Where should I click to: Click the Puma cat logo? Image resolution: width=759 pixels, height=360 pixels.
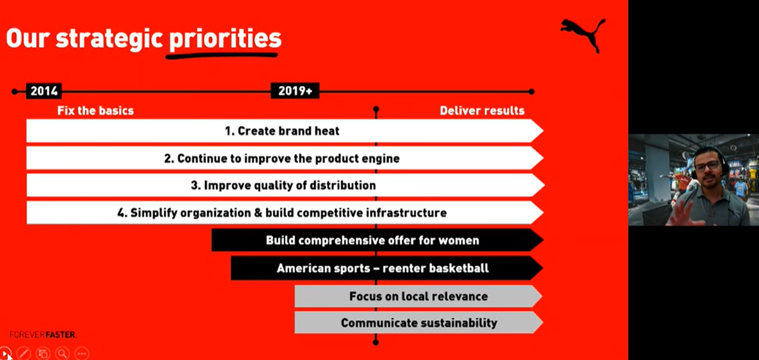coord(583,34)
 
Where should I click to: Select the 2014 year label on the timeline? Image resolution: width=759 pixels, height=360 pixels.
coord(44,91)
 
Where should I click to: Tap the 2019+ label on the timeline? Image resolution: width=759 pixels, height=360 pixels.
coord(295,91)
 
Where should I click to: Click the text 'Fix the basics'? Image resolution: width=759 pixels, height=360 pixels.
coord(96,111)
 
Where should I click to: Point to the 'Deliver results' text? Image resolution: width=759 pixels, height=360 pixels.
coord(482,111)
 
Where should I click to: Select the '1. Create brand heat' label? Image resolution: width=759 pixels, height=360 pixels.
coord(282,131)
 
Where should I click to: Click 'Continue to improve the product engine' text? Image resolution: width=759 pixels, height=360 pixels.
coord(289,159)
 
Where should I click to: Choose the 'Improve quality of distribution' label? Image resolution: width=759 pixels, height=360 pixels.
coord(290,186)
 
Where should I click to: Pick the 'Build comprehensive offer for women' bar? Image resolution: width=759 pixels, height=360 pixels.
coord(377,240)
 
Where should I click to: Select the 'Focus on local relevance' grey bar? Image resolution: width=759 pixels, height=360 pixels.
coord(419,296)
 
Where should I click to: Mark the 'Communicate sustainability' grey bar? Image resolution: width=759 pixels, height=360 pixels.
coord(419,323)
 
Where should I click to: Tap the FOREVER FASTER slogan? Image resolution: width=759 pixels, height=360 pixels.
coord(43,335)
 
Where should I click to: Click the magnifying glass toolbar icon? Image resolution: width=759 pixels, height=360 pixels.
coord(62,353)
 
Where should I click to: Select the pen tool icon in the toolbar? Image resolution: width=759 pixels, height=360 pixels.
coord(24,353)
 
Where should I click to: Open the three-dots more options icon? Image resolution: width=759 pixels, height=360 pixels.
coord(82,353)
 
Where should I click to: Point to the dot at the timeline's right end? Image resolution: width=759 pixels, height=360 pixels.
coord(531,92)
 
